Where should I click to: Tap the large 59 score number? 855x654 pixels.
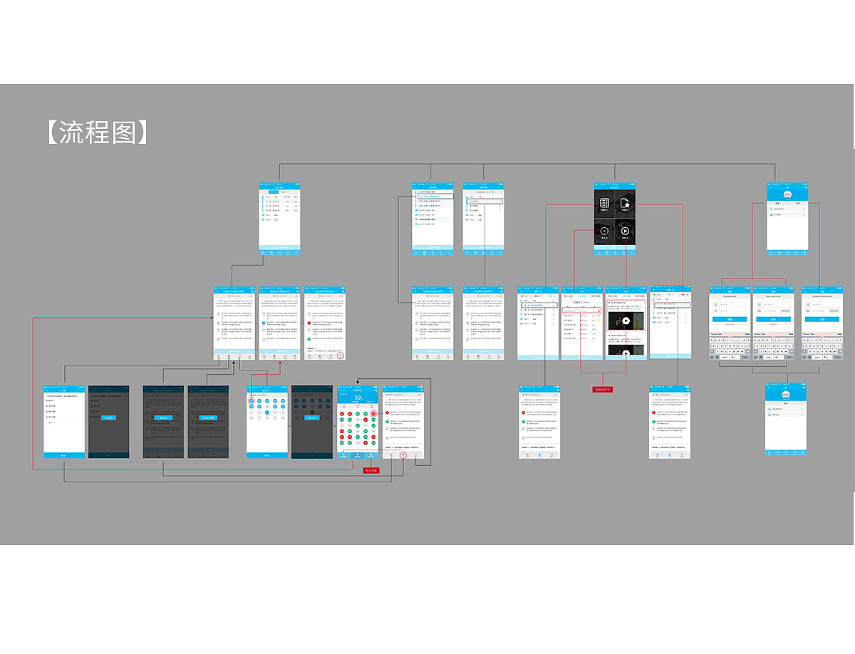pyautogui.click(x=358, y=398)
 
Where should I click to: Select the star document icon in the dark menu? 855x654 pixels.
pyautogui.click(x=624, y=204)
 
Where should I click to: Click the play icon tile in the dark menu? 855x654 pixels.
pyautogui.click(x=624, y=231)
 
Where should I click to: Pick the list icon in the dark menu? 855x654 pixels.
pyautogui.click(x=604, y=204)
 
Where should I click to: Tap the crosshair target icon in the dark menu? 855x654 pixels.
pyautogui.click(x=604, y=231)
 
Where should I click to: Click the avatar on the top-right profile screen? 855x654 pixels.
pyautogui.click(x=787, y=194)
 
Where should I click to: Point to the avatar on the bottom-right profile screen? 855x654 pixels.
pyautogui.click(x=786, y=394)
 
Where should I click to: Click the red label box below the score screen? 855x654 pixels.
pyautogui.click(x=370, y=471)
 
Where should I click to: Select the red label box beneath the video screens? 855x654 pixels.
pyautogui.click(x=602, y=390)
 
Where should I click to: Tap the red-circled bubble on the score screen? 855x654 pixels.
pyautogui.click(x=373, y=413)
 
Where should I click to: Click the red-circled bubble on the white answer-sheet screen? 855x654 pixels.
pyautogui.click(x=252, y=401)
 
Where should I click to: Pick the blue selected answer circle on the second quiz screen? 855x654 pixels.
pyautogui.click(x=265, y=323)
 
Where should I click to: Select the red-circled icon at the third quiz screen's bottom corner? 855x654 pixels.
pyautogui.click(x=341, y=355)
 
